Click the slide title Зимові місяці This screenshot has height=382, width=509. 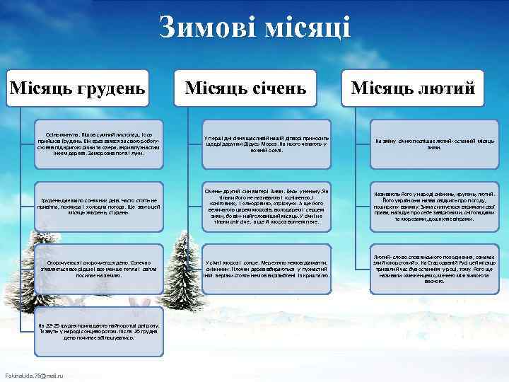point(255,28)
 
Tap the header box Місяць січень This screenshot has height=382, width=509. point(245,88)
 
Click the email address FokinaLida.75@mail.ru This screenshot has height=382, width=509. point(34,375)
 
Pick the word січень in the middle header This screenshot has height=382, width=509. point(276,88)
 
